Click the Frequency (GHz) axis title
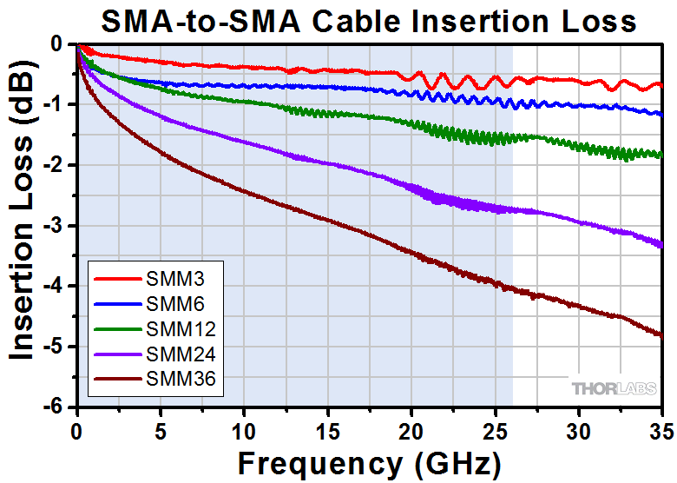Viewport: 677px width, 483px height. pos(369,460)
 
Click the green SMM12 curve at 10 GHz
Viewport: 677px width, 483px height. pos(244,103)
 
